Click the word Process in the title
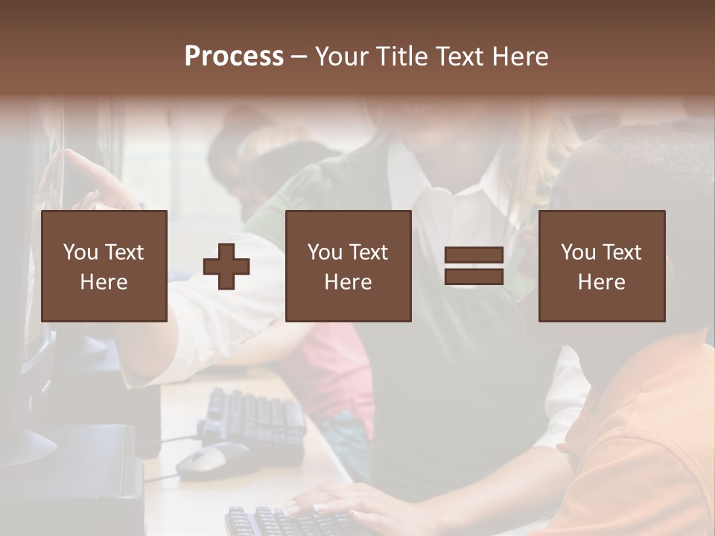[x=234, y=57]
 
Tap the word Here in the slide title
[x=521, y=57]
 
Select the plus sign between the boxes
[x=226, y=267]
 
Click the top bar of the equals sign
[x=474, y=255]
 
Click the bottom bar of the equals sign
[x=474, y=277]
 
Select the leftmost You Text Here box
[x=104, y=266]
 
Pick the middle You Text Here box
[x=349, y=266]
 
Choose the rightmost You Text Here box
[x=602, y=266]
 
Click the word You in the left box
[x=79, y=252]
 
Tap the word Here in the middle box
[x=349, y=282]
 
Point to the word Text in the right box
[x=621, y=252]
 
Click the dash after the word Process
[x=299, y=57]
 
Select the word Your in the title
[x=343, y=57]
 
